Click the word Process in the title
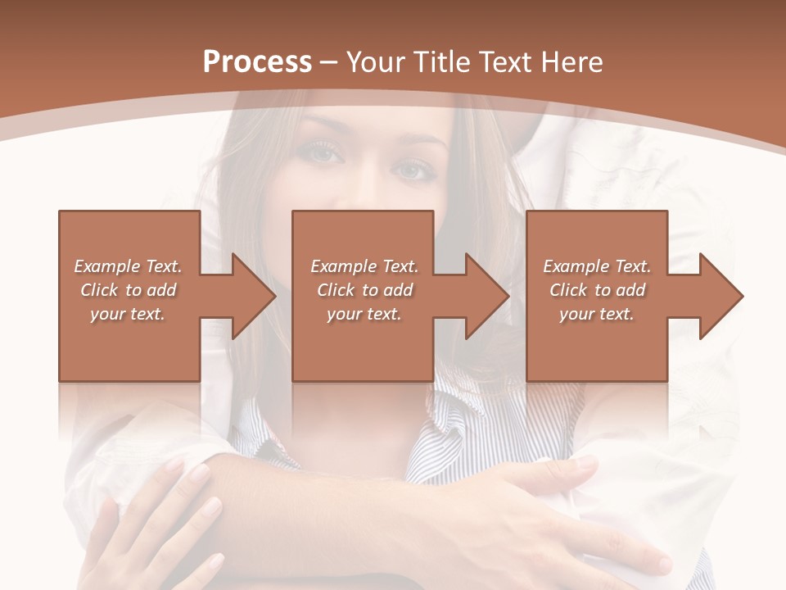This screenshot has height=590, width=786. point(257,62)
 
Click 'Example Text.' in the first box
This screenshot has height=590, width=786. point(128,266)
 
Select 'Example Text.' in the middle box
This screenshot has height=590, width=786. point(364,266)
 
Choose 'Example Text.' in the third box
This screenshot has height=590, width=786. point(597,266)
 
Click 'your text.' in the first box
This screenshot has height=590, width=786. point(128,314)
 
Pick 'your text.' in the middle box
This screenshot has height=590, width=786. point(364,314)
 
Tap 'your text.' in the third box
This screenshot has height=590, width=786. point(597,314)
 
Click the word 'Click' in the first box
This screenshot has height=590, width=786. point(100,290)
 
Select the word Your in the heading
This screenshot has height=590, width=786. point(375,62)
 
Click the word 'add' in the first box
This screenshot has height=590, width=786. point(160,290)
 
